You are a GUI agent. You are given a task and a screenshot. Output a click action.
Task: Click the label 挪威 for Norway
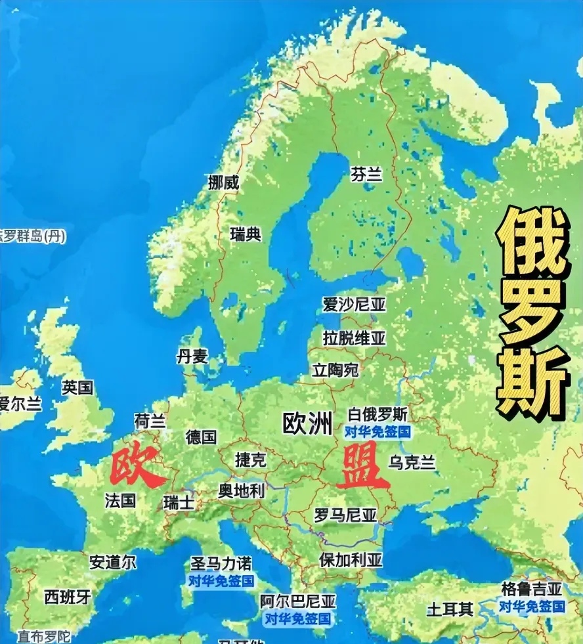coord(223,182)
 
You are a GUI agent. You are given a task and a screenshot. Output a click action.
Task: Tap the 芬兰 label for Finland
coord(366,174)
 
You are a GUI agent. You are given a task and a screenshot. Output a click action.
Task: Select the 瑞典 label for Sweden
coord(246,234)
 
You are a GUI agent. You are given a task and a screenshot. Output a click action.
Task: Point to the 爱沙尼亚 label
coord(354,305)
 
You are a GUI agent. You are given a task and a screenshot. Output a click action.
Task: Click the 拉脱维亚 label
coord(354,338)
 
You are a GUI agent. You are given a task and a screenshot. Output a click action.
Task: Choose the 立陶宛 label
coord(335,370)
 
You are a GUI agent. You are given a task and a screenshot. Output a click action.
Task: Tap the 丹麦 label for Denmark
coord(192,356)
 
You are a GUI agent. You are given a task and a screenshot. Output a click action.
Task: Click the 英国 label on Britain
coord(77,387)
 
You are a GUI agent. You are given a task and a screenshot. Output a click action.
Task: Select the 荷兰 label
coord(150,420)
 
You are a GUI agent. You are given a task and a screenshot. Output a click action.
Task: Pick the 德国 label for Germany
coord(201,437)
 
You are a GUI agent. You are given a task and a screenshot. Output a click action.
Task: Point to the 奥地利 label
coord(241,490)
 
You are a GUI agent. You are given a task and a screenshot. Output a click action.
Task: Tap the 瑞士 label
coord(179,503)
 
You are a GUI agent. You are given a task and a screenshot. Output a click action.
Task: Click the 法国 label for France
coord(120,500)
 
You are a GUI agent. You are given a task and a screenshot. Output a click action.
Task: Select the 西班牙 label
coord(68,597)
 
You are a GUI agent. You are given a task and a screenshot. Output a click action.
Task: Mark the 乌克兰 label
coord(412,463)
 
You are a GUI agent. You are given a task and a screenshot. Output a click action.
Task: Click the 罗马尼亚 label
coord(345,515)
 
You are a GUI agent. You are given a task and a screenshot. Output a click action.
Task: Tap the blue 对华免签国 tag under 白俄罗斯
coord(377,431)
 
